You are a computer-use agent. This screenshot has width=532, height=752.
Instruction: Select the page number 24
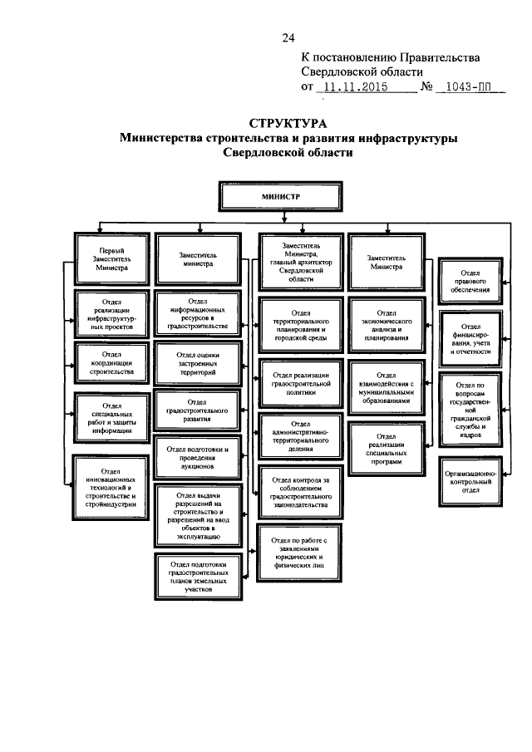[288, 38]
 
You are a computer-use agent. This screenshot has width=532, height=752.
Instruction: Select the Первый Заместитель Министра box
[113, 258]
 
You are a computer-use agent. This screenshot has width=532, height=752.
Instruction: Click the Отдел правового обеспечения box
[470, 281]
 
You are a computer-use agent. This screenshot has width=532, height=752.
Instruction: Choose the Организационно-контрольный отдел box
[470, 480]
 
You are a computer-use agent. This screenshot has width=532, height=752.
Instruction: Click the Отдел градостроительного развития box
[197, 410]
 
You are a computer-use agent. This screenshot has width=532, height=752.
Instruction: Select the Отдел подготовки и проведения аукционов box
[197, 455]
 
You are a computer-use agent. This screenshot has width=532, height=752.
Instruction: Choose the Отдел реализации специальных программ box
[386, 448]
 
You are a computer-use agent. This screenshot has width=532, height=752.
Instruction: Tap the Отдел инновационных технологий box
[113, 484]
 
